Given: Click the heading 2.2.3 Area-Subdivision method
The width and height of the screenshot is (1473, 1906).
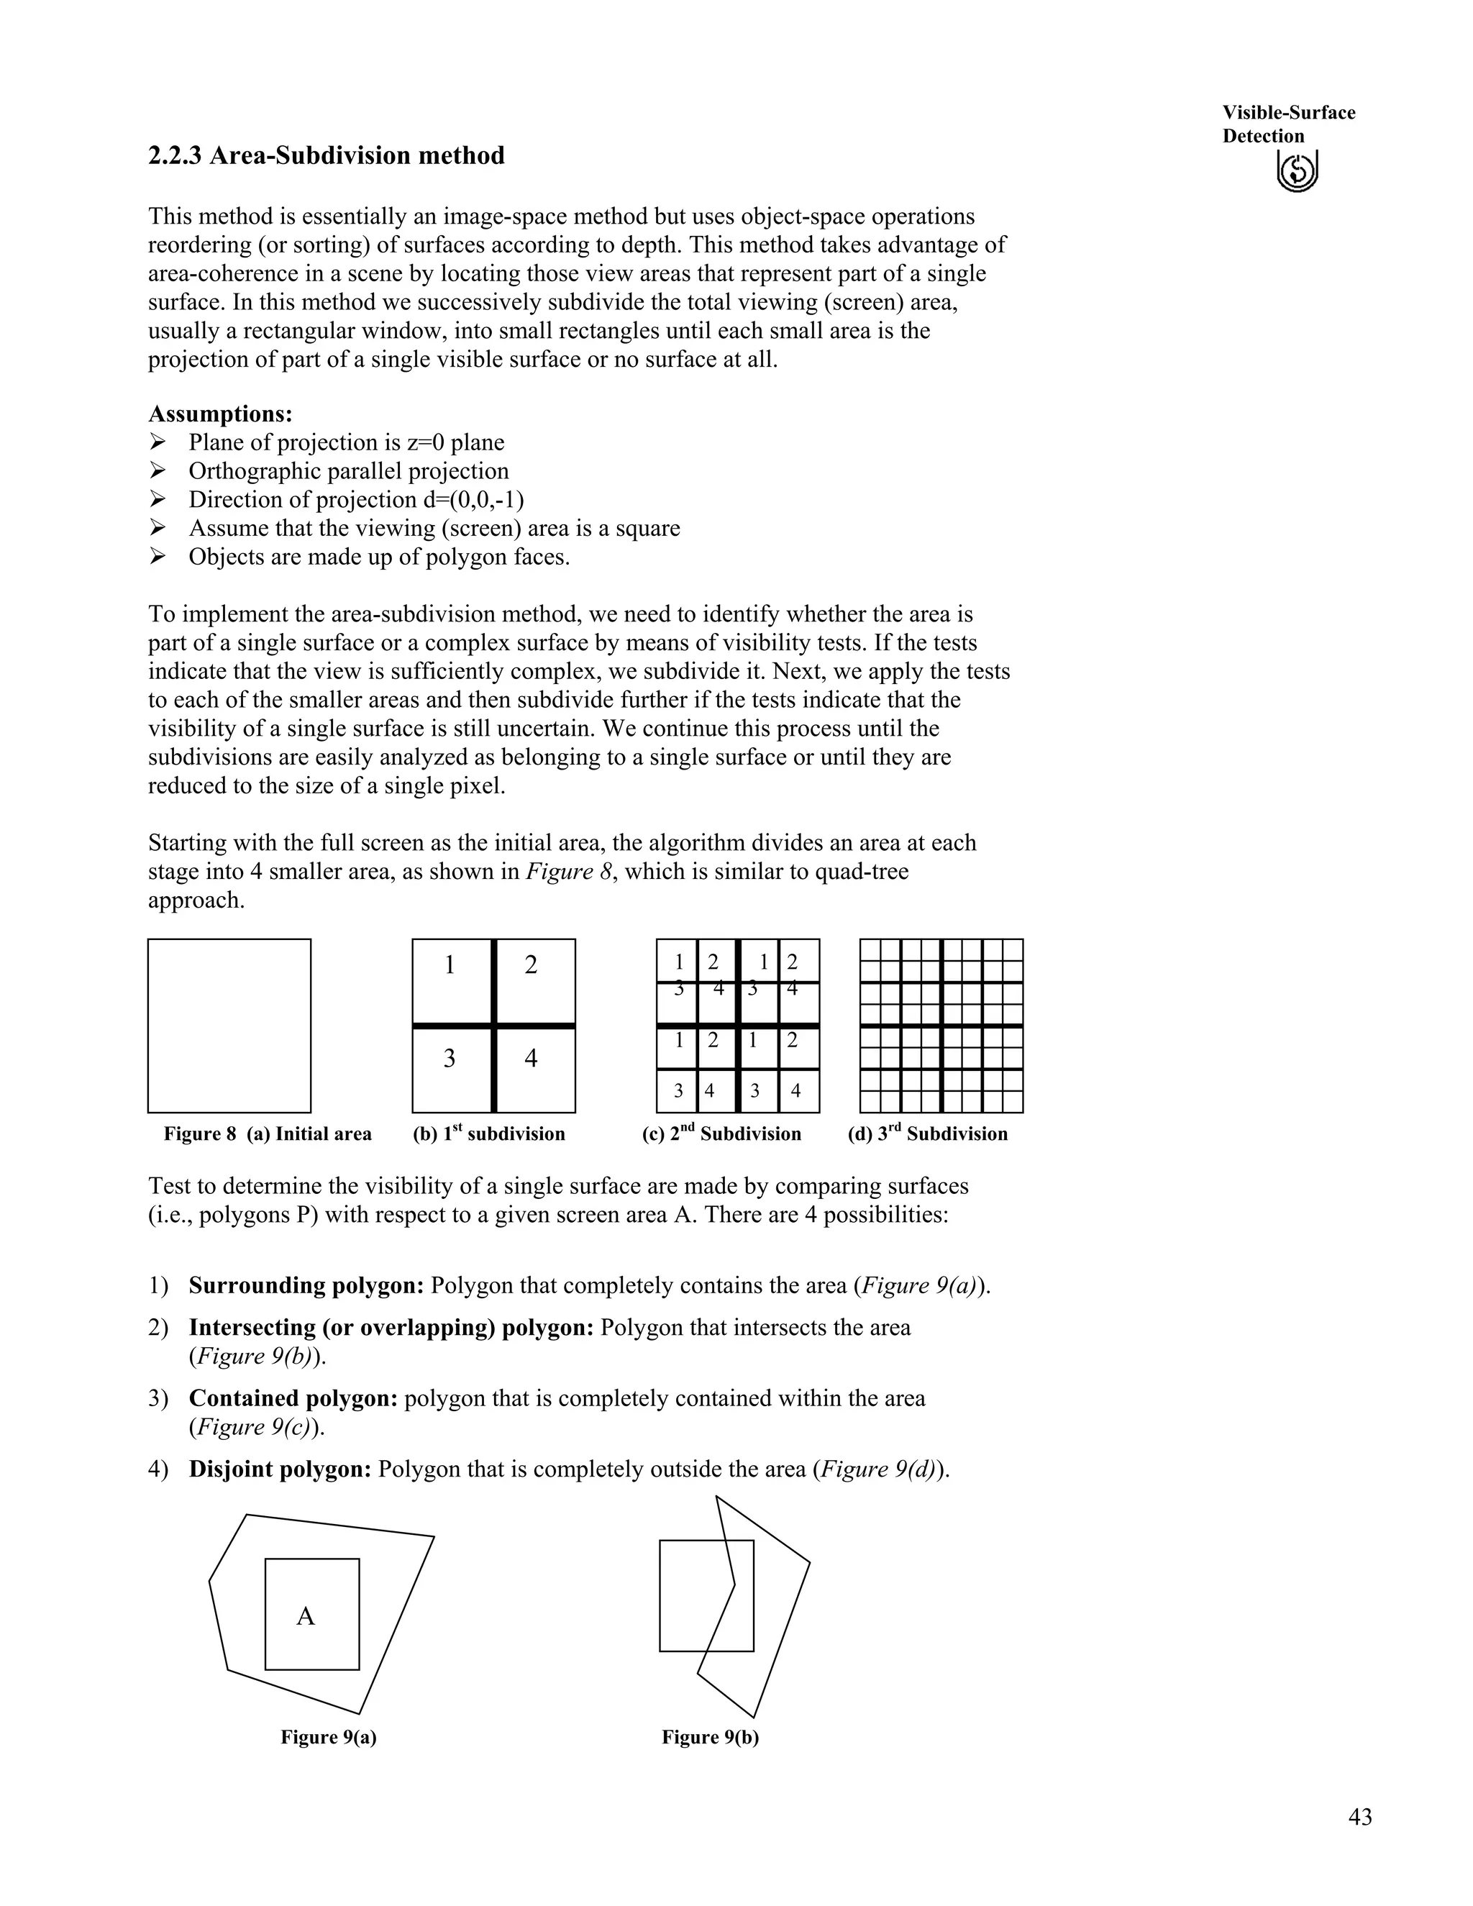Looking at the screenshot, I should [327, 156].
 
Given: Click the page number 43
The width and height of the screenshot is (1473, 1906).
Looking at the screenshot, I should [1359, 1817].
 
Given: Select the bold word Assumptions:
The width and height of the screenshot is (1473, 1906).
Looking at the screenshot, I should [221, 414].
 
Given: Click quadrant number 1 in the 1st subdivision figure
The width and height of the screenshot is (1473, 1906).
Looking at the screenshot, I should [450, 965].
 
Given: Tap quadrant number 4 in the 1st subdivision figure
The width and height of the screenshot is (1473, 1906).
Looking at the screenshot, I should [531, 1059].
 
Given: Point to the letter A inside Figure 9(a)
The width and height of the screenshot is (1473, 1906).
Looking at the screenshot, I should [306, 1617].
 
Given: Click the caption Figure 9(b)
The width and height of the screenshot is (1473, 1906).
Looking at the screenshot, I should [711, 1737].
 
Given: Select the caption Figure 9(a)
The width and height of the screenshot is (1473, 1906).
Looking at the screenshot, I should [328, 1737].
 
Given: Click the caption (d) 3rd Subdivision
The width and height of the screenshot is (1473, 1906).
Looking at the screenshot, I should [928, 1134].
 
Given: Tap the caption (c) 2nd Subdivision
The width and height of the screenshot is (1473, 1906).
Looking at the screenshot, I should [721, 1134].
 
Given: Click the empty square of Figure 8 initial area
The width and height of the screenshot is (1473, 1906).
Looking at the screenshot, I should [229, 1026].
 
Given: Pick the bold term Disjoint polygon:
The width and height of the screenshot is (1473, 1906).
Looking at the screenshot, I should [280, 1469].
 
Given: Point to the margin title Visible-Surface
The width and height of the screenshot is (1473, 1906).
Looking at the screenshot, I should [1288, 113].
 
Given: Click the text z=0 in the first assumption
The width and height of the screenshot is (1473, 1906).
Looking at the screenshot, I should [426, 442].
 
